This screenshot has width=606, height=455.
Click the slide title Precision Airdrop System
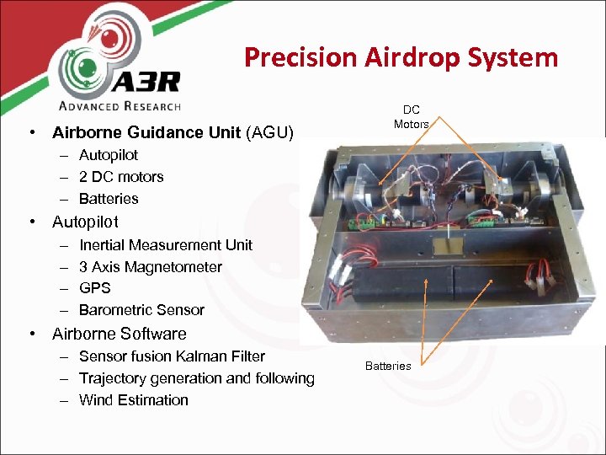[401, 57]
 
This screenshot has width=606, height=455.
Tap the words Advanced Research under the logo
[119, 106]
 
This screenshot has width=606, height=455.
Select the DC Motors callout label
[411, 116]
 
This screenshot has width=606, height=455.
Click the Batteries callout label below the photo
[388, 366]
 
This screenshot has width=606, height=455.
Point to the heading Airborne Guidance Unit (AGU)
[173, 132]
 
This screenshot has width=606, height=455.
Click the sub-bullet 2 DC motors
[121, 177]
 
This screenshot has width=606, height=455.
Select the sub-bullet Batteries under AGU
[109, 199]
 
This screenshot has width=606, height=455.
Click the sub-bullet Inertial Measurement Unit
[165, 245]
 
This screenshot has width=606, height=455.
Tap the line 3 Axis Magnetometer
[151, 267]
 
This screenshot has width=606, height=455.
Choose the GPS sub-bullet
[94, 289]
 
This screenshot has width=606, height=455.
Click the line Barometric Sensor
[141, 310]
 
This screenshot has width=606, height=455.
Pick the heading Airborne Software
[120, 334]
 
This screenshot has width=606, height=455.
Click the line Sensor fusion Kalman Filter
[172, 356]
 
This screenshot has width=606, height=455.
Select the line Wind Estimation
[133, 400]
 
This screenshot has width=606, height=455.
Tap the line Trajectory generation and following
[196, 378]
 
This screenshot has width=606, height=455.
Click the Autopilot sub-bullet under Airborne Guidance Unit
[109, 155]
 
